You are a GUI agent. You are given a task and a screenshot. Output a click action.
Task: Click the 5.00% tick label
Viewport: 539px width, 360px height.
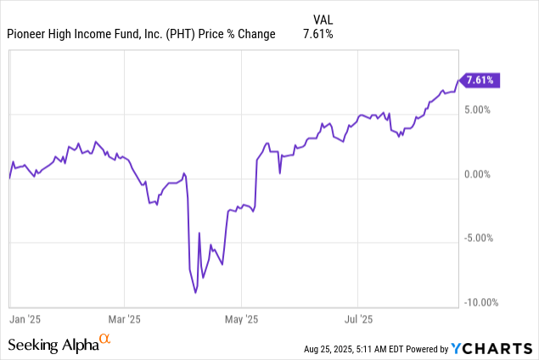coord(479,110)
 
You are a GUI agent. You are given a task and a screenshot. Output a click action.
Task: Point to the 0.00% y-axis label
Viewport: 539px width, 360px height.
coord(479,174)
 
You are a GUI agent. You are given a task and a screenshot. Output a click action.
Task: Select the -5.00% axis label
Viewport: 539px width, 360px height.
coord(479,239)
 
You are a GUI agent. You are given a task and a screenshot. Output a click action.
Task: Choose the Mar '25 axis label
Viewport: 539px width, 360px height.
coord(124,319)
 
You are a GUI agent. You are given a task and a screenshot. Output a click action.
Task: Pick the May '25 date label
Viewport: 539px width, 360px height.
coord(241,319)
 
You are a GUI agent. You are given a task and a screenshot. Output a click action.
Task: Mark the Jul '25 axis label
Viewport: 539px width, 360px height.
coord(358,319)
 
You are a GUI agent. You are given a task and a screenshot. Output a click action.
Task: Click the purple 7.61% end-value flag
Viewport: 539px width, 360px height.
coord(480,81)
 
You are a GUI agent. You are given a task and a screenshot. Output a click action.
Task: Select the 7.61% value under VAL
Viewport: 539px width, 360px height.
coord(318,34)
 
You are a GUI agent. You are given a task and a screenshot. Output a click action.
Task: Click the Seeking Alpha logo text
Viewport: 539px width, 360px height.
coord(53,345)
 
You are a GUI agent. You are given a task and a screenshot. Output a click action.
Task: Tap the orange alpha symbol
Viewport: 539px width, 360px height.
coord(105,340)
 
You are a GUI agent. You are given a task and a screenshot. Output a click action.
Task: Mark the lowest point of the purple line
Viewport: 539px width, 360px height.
coord(196,293)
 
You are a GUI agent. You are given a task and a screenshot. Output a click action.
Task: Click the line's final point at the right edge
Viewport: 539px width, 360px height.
coord(458,81)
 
